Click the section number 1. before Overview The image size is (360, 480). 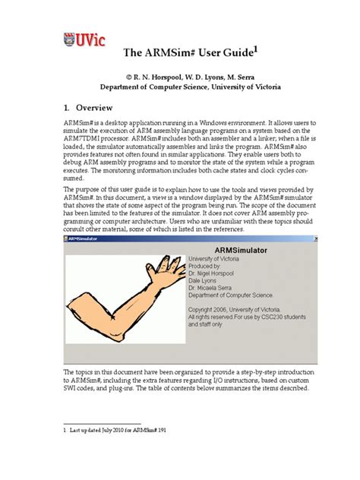pos(67,108)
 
